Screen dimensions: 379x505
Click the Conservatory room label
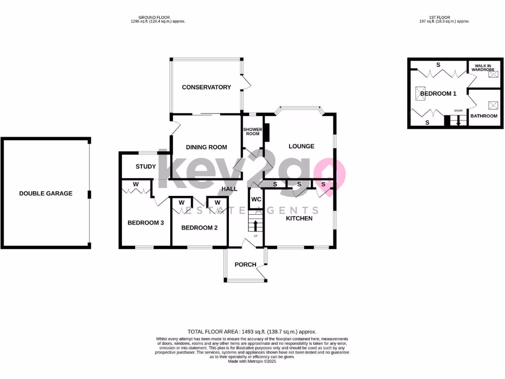click(206, 87)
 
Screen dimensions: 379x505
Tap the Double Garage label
click(45, 193)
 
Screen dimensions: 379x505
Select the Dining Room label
click(206, 147)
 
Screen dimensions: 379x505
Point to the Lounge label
click(301, 146)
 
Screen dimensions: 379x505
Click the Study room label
click(145, 167)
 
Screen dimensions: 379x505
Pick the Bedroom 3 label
click(145, 223)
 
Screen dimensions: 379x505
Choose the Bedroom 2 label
click(199, 227)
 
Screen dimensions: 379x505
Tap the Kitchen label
click(299, 218)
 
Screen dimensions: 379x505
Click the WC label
click(256, 200)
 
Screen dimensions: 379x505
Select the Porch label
click(245, 265)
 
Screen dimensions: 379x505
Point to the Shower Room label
click(252, 132)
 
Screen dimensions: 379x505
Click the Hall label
click(229, 189)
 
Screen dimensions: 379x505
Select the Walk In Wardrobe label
click(482, 67)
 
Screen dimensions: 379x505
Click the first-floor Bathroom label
click(483, 116)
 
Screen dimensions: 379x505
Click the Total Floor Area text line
click(252, 332)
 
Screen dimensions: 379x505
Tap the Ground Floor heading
click(154, 17)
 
